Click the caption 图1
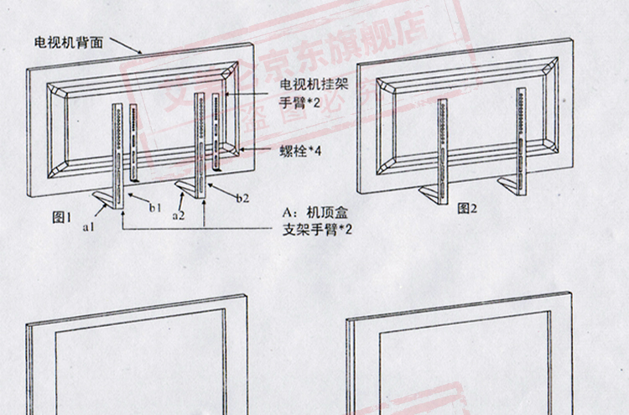(63, 217)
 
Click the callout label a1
(87, 226)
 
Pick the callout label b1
(155, 206)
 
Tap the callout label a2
(178, 215)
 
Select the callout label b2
(242, 199)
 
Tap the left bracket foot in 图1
(104, 197)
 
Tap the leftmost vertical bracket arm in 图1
(117, 151)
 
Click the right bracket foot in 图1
(188, 186)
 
